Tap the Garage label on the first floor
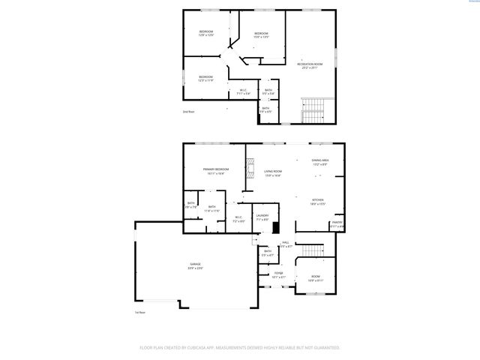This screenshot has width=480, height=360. (196, 267)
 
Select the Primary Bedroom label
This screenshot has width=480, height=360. (215, 170)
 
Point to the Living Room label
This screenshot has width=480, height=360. (272, 172)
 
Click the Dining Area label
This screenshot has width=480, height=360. (321, 161)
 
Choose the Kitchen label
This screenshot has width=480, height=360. (317, 202)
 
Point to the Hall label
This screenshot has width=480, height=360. (285, 244)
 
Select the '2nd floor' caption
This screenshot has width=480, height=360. (188, 112)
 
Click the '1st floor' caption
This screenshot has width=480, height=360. (139, 312)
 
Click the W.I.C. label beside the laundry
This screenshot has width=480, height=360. (238, 220)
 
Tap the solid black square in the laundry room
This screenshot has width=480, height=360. (275, 228)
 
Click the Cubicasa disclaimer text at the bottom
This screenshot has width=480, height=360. (240, 348)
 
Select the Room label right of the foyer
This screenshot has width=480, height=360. (316, 278)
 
